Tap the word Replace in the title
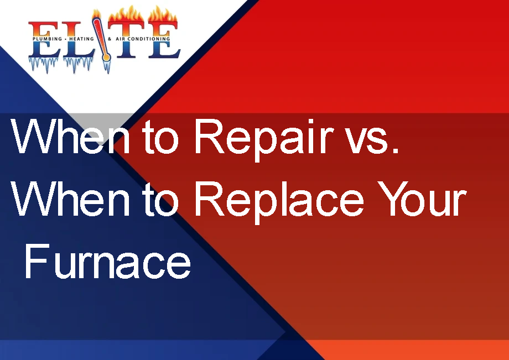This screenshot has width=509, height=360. coord(279,200)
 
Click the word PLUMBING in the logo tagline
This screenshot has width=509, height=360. coord(49,40)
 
